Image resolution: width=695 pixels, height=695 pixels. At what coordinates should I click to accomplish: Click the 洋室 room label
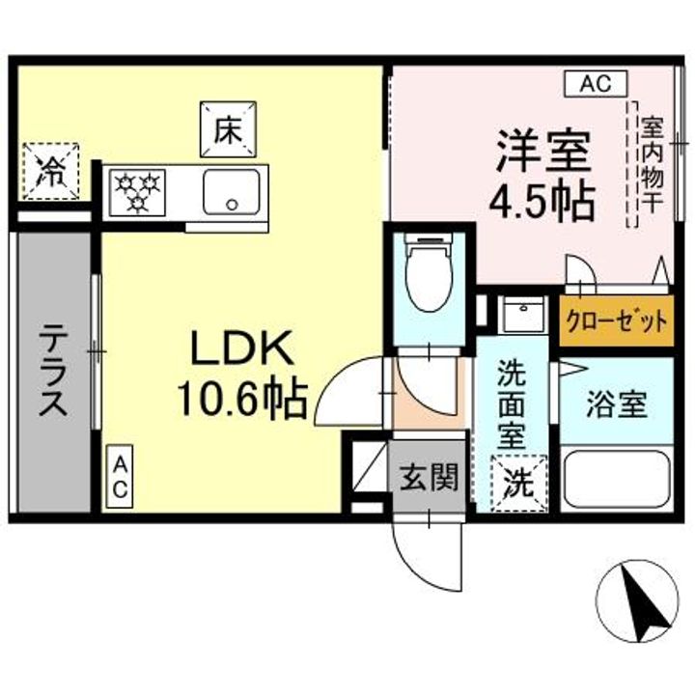click(543, 152)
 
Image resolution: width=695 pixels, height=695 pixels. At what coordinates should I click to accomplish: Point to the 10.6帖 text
click(241, 396)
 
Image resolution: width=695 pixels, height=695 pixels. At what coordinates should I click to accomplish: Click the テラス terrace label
click(53, 373)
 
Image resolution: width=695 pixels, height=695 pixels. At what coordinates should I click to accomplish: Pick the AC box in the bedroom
click(596, 85)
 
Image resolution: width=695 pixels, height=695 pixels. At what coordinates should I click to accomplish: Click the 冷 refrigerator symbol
click(50, 171)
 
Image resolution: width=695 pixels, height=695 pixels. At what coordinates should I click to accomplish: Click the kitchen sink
click(233, 191)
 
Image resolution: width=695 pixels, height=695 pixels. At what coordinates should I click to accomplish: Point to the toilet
click(428, 275)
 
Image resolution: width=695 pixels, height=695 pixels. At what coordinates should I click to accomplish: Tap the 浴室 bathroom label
click(615, 404)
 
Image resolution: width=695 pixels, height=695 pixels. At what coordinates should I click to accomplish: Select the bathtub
click(615, 479)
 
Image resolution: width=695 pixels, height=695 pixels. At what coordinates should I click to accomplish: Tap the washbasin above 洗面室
click(523, 316)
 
